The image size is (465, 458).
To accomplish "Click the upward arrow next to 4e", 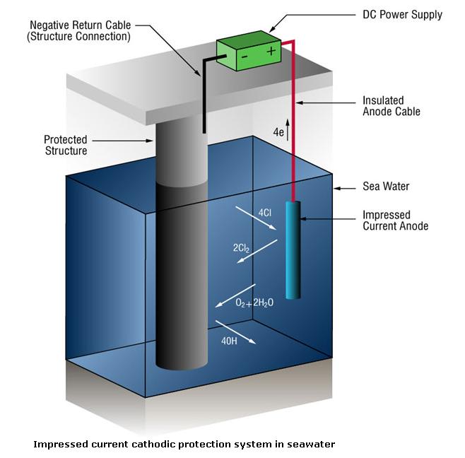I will tap(288, 132).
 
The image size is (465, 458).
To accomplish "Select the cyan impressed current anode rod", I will tap(293, 247).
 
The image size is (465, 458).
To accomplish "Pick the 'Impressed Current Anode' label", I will tap(395, 221).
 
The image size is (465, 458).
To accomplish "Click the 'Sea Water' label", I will tap(385, 187).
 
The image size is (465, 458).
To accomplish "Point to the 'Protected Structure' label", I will tap(68, 145).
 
